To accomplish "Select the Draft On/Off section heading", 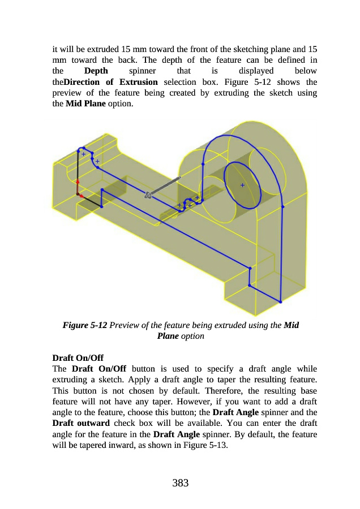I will (x=75, y=357).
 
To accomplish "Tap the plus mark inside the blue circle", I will (x=242, y=185).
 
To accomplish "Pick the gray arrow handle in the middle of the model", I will (x=162, y=187).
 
